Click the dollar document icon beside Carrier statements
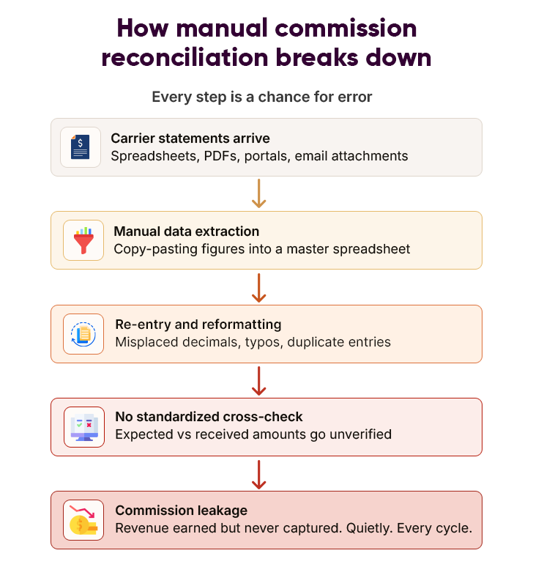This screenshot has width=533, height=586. pyautogui.click(x=81, y=146)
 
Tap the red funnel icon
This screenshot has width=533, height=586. pyautogui.click(x=83, y=240)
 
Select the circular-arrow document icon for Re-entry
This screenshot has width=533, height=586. pyautogui.click(x=83, y=334)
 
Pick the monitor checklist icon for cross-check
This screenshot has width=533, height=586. pyautogui.click(x=83, y=427)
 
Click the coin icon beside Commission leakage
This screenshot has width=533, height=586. pyautogui.click(x=83, y=520)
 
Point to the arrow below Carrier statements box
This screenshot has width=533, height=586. pyautogui.click(x=258, y=193)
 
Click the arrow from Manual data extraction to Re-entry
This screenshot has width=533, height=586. pyautogui.click(x=258, y=287)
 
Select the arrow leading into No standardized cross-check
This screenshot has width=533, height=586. pyautogui.click(x=258, y=380)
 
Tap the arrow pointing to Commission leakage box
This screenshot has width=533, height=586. pyautogui.click(x=258, y=473)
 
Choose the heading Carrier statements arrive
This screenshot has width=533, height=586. pyautogui.click(x=190, y=138)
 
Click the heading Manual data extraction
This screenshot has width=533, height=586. pyautogui.click(x=187, y=231)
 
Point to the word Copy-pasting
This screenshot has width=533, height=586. pyautogui.click(x=152, y=249)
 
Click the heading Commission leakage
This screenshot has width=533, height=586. pyautogui.click(x=182, y=511)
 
